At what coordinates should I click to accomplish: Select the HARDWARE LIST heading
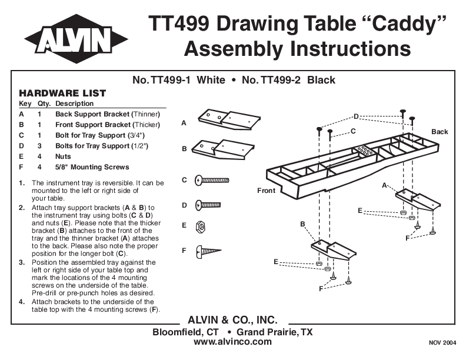coord(62,93)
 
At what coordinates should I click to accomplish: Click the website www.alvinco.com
coord(232,342)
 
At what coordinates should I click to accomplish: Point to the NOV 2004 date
coord(442,342)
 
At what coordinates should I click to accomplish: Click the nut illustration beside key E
coord(200,225)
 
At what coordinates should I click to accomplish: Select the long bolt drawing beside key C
coord(212,179)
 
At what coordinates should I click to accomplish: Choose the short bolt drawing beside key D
coord(208,205)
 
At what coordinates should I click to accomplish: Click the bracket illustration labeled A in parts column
coord(227,120)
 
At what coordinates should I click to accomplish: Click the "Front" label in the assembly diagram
coord(266,191)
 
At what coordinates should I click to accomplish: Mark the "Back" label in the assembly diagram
coord(440,132)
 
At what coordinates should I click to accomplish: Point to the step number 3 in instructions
coord(22,262)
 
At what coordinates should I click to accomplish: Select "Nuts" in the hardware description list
coord(63,156)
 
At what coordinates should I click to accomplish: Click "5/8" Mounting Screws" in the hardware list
coord(92,167)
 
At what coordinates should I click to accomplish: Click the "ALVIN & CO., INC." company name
coord(232,320)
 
